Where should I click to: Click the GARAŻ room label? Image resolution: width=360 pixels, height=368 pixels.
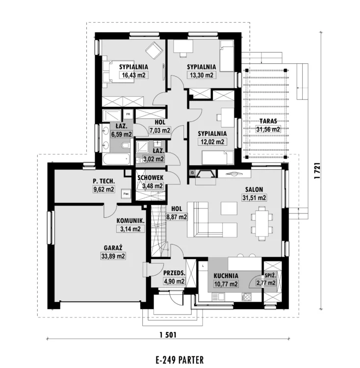[x=113, y=248]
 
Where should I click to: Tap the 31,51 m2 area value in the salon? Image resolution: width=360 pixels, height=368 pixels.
[x=254, y=198]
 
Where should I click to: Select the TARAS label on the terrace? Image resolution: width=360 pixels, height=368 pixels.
[x=268, y=121]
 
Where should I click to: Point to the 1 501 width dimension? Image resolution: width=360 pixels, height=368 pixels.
[x=168, y=335]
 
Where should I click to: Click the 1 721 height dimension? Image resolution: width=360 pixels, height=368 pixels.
[x=317, y=171]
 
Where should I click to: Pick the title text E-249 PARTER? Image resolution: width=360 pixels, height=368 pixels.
[x=180, y=360]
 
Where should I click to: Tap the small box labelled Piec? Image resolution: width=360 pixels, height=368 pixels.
[x=126, y=194]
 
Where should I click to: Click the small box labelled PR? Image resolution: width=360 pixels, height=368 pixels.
[x=128, y=114]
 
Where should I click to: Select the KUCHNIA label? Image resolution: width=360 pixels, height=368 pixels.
[x=226, y=276]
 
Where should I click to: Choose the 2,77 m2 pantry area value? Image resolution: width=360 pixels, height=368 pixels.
[x=266, y=283]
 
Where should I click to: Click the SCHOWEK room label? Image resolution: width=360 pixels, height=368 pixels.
[x=151, y=178]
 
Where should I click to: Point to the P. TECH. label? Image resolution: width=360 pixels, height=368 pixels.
[x=103, y=181]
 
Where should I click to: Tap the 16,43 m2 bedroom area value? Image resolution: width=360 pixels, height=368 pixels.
[x=134, y=75]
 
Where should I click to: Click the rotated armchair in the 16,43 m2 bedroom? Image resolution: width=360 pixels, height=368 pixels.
[x=154, y=51]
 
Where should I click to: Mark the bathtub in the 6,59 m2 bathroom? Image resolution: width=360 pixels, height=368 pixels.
[x=116, y=159]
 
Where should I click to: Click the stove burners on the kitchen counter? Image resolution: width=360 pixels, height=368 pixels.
[x=246, y=296]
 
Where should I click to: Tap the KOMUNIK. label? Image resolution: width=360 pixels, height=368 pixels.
[x=130, y=221]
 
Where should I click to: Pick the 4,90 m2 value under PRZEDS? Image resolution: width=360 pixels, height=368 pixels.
[x=174, y=281]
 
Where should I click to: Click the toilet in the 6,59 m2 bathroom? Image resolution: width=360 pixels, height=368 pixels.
[x=126, y=146]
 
